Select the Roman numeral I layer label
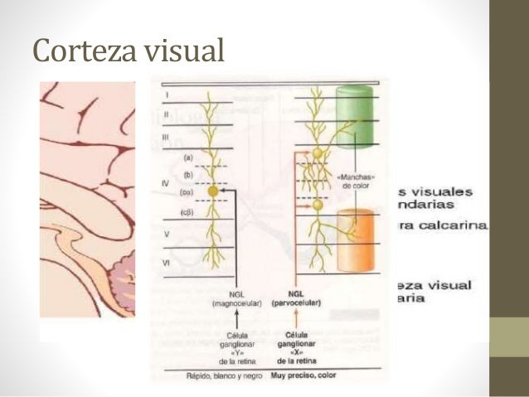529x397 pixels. [x=165, y=97]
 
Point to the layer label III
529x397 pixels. [x=166, y=136]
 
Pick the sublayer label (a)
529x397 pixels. [x=189, y=157]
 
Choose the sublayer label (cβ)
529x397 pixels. [x=189, y=213]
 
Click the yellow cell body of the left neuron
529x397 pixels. [x=213, y=191]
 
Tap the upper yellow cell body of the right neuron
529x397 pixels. [x=317, y=153]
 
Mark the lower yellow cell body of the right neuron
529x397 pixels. [x=317, y=205]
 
